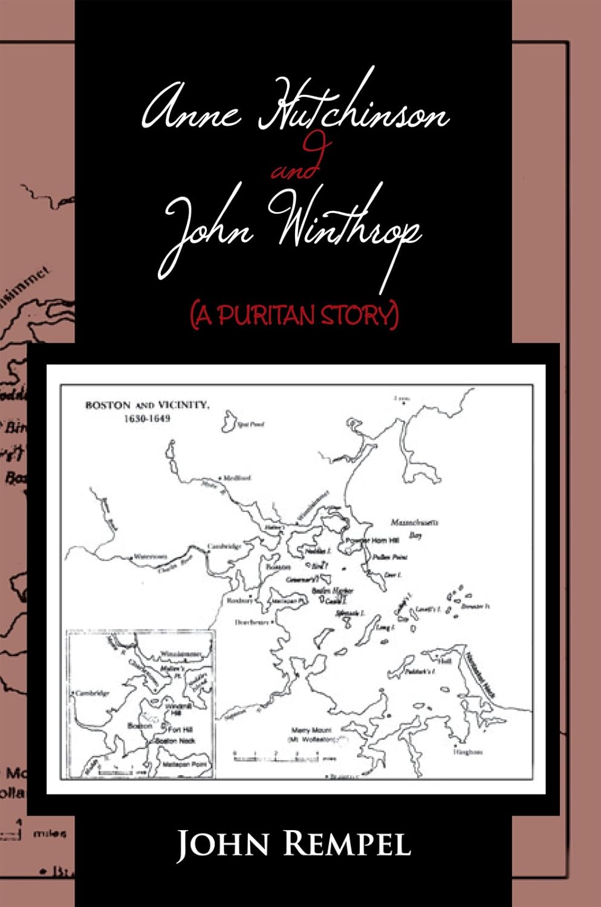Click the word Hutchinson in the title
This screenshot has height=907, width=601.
click(x=354, y=112)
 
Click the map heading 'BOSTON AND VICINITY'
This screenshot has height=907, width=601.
click(x=147, y=405)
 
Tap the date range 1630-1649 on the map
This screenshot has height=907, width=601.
click(x=147, y=418)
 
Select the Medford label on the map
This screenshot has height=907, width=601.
click(x=237, y=478)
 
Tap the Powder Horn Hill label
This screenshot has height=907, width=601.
click(x=367, y=541)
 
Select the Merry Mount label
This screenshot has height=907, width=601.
click(x=311, y=730)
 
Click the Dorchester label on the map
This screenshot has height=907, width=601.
click(x=252, y=622)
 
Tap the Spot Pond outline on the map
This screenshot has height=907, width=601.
click(x=230, y=421)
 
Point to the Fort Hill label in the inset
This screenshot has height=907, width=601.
click(x=180, y=729)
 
